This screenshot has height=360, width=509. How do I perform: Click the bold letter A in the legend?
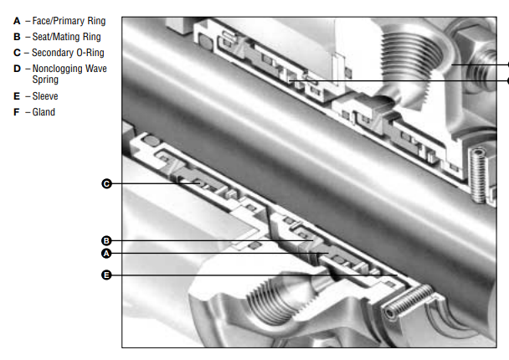[17, 21]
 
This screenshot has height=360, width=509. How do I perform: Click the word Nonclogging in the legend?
[57, 69]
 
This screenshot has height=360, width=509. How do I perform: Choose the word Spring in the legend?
[45, 80]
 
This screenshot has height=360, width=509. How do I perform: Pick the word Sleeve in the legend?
[45, 96]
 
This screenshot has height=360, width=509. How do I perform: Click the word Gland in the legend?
[44, 112]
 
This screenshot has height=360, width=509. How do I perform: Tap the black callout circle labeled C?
[106, 183]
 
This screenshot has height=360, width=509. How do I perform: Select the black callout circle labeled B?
[106, 241]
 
